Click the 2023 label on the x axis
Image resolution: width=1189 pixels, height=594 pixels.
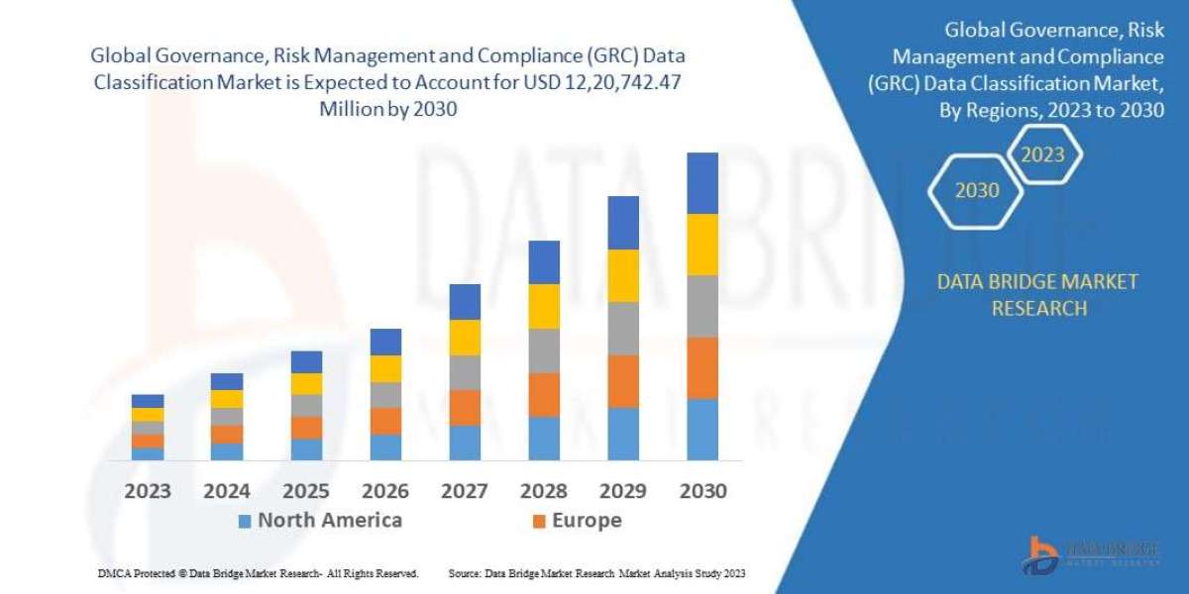[148, 491]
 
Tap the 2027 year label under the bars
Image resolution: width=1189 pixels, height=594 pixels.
[465, 491]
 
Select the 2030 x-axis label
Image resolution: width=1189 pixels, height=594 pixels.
[702, 491]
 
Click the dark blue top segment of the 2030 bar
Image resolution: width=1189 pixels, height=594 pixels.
[702, 183]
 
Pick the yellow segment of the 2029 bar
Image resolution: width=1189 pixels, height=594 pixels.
[622, 275]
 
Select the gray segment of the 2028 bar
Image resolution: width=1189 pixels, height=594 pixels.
[544, 350]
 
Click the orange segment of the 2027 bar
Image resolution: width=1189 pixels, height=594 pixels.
[465, 407]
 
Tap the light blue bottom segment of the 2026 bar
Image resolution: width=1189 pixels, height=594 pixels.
[385, 446]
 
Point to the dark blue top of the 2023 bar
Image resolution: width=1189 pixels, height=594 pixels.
[148, 401]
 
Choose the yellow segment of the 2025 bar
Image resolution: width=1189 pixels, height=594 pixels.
[306, 384]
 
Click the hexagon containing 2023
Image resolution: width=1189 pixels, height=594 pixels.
[1042, 154]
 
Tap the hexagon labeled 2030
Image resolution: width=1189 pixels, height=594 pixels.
[977, 190]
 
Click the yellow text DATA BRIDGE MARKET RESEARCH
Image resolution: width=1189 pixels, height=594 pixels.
[1037, 295]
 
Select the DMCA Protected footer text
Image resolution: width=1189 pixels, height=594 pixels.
[258, 573]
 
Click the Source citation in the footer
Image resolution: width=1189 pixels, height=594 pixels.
[596, 573]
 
